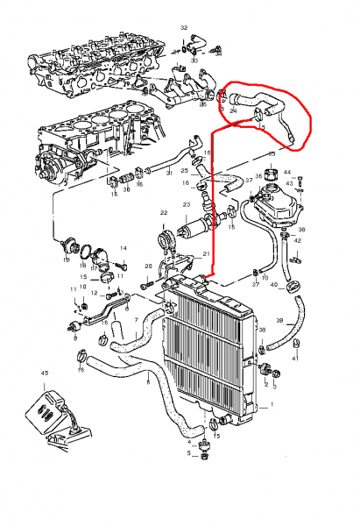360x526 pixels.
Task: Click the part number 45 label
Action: tap(43, 373)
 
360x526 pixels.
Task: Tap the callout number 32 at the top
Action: tap(184, 28)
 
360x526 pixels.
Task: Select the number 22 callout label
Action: tap(163, 213)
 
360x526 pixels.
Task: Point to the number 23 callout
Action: tap(186, 205)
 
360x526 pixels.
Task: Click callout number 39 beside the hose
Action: tap(279, 322)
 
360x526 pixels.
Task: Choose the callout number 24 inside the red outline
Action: tap(233, 111)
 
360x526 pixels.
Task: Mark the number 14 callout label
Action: tap(124, 249)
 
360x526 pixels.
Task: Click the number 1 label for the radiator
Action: tap(272, 404)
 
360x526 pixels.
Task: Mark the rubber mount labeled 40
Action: tap(295, 284)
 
